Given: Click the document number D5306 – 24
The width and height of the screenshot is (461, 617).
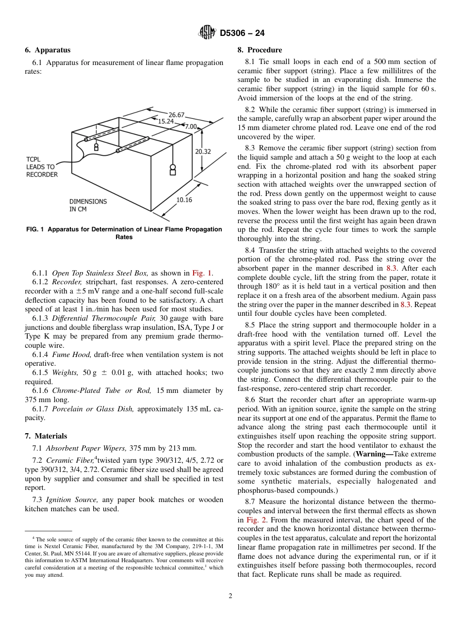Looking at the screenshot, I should pos(242,33).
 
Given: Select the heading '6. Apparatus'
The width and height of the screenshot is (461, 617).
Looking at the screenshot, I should pos(48,50).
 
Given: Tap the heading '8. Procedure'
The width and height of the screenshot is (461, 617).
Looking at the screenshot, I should pos(260,50).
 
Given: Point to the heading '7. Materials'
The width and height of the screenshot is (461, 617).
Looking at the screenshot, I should pos(46,436).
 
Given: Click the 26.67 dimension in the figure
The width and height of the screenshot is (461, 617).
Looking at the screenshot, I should pos(176,115).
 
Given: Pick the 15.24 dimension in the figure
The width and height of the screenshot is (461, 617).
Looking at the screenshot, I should pos(165,122).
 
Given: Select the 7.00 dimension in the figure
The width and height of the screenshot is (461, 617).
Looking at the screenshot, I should pos(191,126).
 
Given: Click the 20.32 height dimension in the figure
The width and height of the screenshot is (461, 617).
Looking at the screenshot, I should pos(203,152).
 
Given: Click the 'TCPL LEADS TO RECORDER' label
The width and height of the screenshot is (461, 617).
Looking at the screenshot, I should pos(42,167).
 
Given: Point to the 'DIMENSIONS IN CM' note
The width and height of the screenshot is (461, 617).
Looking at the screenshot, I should pos(88,205).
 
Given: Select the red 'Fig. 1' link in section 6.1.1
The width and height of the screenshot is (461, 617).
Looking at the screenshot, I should pos(202,273).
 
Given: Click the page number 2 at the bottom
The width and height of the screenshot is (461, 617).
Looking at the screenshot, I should pos(230,596).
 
